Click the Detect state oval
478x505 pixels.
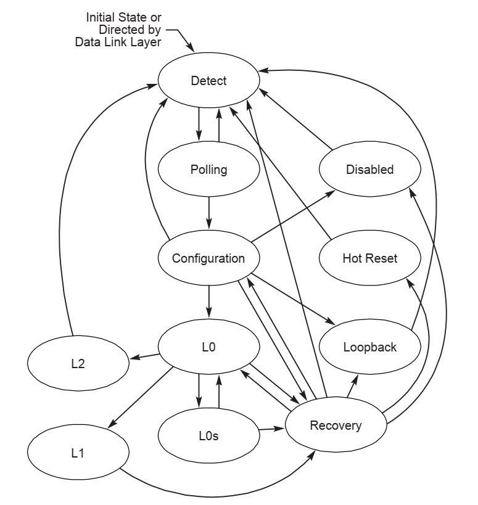pos(208,81)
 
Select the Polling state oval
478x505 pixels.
pos(209,170)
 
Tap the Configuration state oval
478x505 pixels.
pos(208,258)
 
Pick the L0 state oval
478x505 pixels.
pos(209,347)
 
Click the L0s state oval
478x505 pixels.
pos(209,436)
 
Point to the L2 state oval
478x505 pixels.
pos(78,364)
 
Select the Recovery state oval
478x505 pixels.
pos(336,425)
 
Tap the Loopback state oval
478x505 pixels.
pos(369,347)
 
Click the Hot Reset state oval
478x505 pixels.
pos(369,258)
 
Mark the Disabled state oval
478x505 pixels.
pos(369,170)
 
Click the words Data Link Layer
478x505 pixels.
pos(123,42)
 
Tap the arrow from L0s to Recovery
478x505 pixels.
pos(272,427)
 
